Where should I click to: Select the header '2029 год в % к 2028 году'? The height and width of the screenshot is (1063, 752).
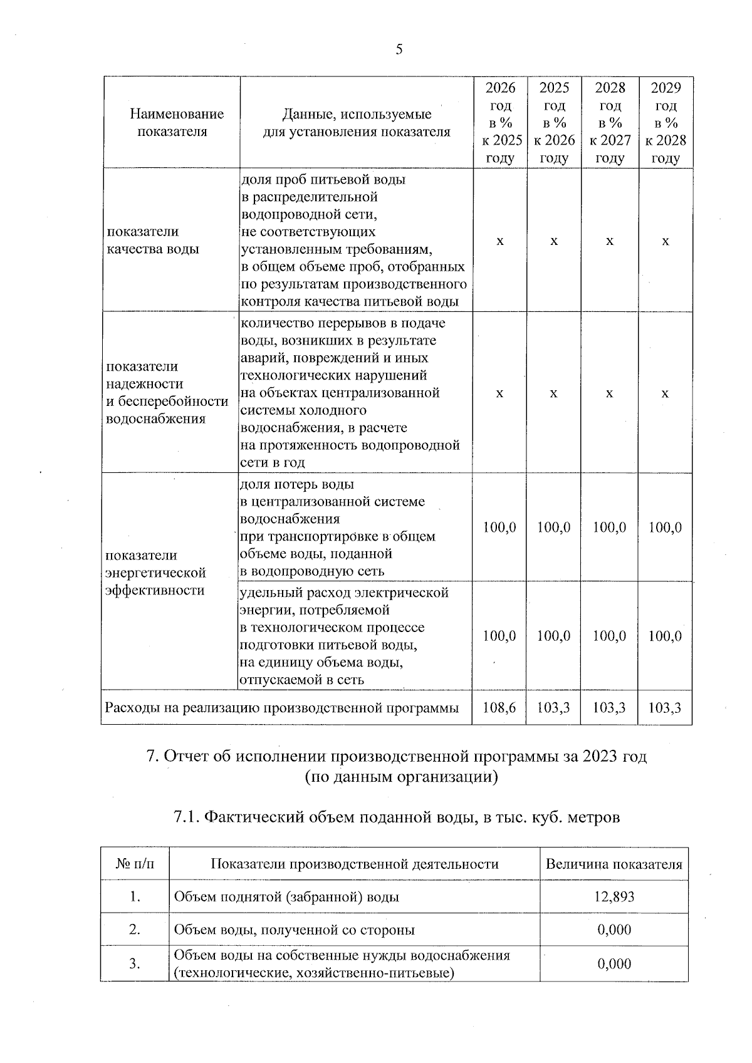coord(666,123)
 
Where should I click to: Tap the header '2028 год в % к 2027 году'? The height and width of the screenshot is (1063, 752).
coord(610,123)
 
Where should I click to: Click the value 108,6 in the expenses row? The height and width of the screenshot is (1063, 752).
coord(499,708)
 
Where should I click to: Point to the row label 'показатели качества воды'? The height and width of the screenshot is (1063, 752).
coord(153,240)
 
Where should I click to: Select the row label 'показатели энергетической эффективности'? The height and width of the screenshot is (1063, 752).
coord(155,573)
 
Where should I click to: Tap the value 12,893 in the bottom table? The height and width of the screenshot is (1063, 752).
coord(614,897)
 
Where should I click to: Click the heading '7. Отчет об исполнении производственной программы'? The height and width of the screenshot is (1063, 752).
coord(396,757)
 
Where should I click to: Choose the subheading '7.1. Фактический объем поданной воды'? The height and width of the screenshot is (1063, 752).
coord(396,817)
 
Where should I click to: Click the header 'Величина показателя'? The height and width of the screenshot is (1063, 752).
coord(614,864)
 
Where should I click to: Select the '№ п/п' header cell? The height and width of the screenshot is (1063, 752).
coord(135,864)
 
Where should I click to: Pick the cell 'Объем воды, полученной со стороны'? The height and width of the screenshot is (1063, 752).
coord(295,930)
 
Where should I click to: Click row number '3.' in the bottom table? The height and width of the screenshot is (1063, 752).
coord(135,963)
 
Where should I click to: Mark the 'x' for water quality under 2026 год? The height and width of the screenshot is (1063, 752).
coord(499,241)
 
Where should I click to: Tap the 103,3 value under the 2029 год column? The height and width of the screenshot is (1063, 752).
coord(666,708)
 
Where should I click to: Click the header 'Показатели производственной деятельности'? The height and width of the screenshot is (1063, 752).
coord(355,864)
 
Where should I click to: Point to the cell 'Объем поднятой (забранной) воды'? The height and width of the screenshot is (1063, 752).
coord(286,897)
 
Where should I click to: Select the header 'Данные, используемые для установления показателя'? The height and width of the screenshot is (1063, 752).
coord(357,123)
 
